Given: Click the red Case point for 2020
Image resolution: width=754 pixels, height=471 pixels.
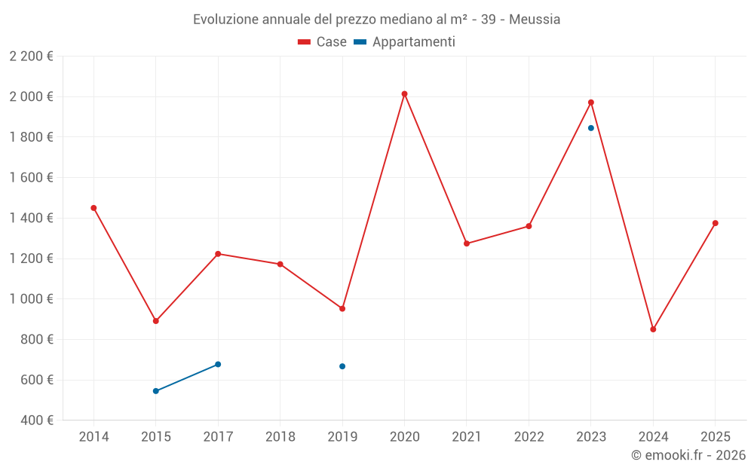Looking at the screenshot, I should [404, 94].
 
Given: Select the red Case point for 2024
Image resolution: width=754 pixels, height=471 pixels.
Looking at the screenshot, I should [653, 329].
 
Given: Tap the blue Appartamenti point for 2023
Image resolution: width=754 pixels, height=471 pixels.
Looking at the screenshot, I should [591, 128].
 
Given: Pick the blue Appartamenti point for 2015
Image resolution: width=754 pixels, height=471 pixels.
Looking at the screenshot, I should [156, 391].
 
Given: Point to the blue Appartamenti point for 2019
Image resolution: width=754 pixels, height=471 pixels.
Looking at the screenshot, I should [342, 366].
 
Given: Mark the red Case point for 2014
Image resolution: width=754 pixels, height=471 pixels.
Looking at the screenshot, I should [93, 208].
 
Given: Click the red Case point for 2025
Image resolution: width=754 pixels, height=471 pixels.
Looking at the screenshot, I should [715, 223].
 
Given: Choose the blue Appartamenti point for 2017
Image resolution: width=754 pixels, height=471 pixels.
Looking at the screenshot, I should [218, 364].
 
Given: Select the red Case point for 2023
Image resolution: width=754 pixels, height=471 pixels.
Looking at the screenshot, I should [591, 102].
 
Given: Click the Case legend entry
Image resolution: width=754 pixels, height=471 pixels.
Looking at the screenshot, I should [323, 42].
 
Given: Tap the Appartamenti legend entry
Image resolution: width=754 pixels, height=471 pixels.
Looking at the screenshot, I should [405, 42].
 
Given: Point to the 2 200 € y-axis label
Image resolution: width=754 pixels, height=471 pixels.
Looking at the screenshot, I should [31, 57].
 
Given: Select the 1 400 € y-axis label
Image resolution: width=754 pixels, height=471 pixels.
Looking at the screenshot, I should [31, 219].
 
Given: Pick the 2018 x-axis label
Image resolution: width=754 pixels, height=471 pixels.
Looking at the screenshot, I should [280, 437].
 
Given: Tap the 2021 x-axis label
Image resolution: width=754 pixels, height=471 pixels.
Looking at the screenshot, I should [467, 437].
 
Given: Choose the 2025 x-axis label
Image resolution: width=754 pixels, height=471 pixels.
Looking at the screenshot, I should [715, 437].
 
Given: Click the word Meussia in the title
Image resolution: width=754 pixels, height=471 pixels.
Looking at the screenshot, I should [535, 20].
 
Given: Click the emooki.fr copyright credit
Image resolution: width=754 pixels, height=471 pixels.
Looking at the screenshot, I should [688, 455].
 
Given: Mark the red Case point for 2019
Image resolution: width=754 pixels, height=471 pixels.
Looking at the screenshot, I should [342, 308].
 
